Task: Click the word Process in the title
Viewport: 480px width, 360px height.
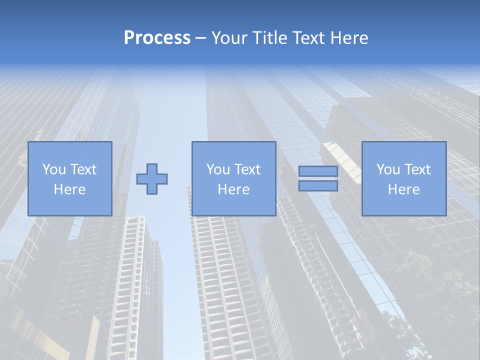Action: click(157, 38)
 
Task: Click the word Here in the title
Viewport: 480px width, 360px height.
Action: click(349, 38)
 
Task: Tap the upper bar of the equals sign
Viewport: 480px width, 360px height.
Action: click(318, 171)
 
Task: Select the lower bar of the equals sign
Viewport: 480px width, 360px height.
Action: click(318, 186)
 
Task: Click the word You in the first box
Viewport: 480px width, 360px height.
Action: click(54, 169)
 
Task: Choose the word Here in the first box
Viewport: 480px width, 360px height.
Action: click(69, 189)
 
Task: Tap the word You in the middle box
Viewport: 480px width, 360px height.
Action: click(218, 169)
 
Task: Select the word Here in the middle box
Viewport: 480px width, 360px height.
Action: click(233, 189)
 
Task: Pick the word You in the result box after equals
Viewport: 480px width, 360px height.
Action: click(388, 169)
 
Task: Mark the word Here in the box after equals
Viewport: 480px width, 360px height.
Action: click(403, 189)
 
